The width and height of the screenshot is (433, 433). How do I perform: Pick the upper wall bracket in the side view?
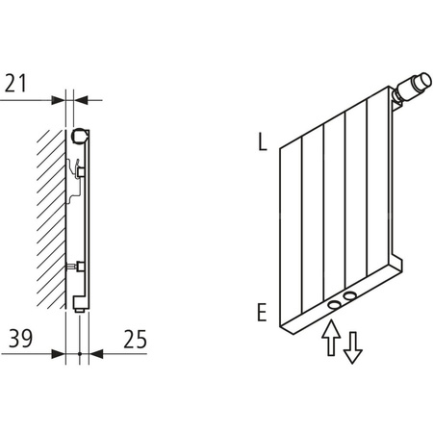coord(79,171)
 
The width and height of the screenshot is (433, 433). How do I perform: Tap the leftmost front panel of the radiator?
coord(292,236)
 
